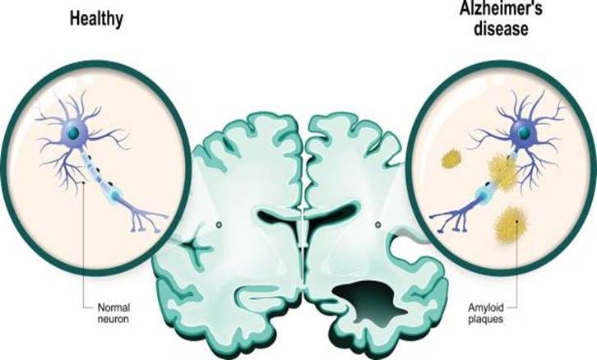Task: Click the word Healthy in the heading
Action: pos(96,19)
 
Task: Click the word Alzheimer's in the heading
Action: pos(501,8)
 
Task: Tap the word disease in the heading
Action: pos(501,29)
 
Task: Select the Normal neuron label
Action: pos(113,313)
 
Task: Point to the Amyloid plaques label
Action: pos(485,313)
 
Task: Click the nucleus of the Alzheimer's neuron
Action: pos(524,132)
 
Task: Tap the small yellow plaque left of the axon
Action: pos(451,159)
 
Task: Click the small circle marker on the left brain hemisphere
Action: pos(219,225)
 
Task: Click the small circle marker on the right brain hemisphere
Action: pos(377,225)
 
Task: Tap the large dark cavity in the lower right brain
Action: pos(371,299)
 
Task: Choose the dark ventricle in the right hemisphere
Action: pos(331,216)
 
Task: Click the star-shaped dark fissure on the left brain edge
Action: pos(196,248)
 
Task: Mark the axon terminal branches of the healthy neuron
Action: pos(146,220)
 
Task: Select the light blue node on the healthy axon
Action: pos(115,196)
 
